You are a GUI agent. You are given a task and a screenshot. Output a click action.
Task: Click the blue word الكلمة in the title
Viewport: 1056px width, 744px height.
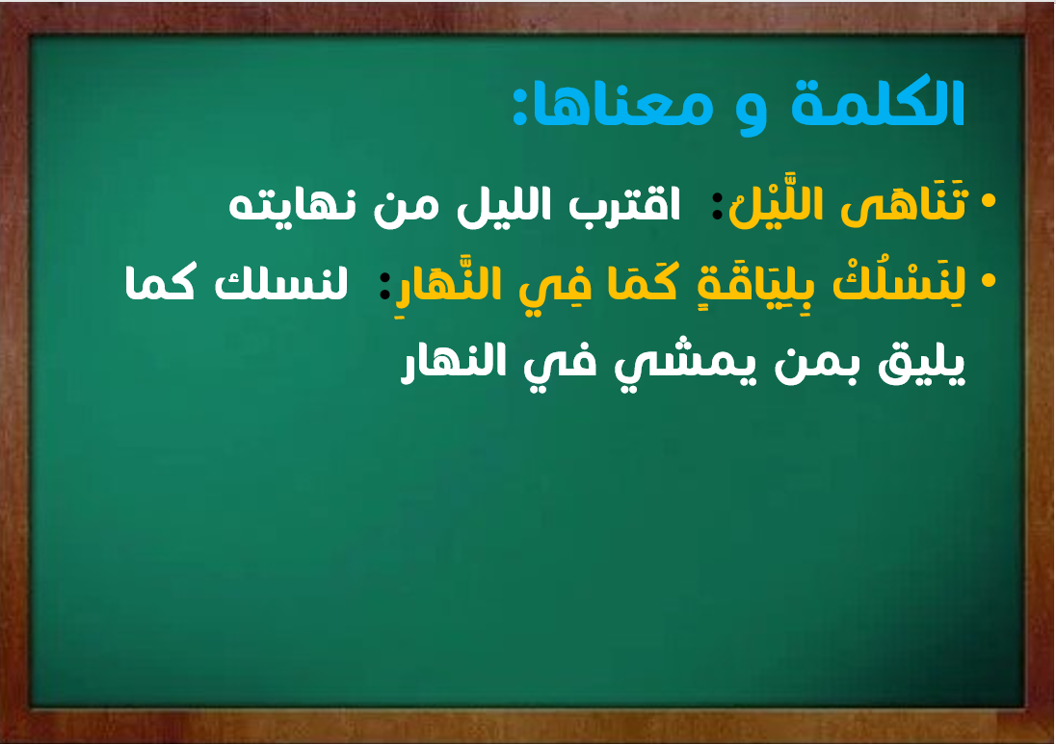pos(878,103)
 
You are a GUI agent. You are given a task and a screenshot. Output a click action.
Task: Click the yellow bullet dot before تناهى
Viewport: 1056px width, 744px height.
pos(988,200)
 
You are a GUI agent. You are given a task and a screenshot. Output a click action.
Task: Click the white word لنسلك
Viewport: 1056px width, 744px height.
pos(281,283)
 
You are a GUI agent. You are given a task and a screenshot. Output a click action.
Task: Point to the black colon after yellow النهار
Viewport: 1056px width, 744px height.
pos(385,286)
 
